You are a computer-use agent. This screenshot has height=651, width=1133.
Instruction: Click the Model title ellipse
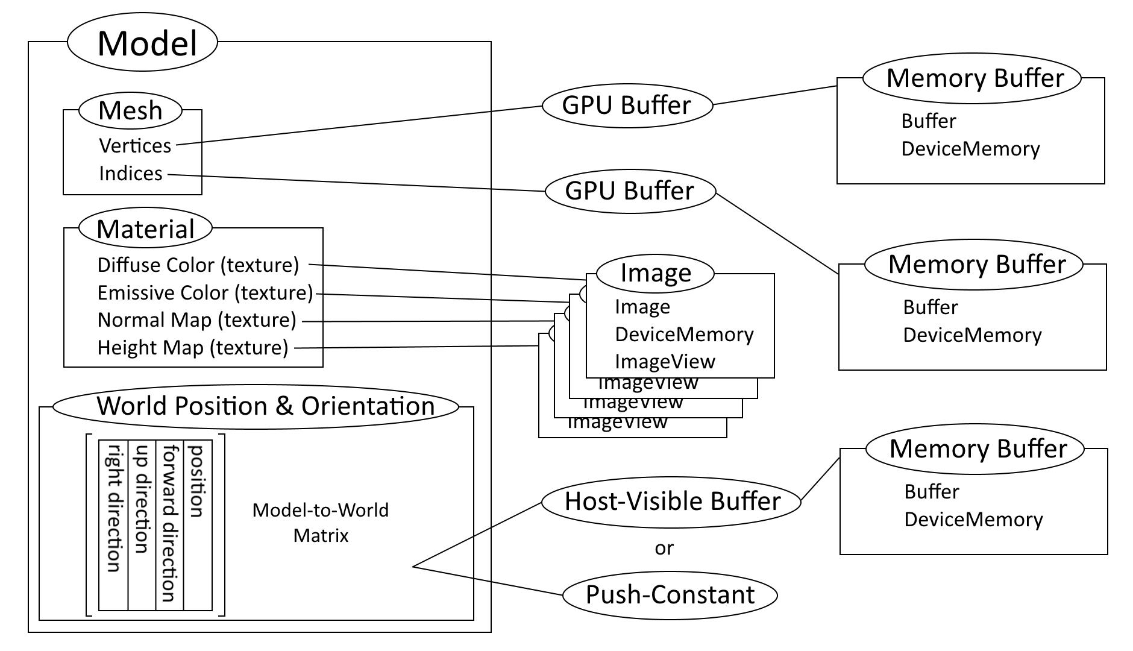(142, 43)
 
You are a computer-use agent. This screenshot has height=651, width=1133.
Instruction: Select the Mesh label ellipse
(130, 110)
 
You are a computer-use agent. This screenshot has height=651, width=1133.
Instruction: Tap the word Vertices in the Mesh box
(135, 145)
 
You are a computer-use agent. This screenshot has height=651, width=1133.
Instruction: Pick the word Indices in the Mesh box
(131, 174)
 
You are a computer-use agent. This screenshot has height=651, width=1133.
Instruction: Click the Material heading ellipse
(145, 229)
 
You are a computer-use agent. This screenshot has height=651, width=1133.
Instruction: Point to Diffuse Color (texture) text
(198, 265)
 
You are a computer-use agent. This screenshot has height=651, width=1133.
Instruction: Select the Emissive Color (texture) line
(206, 292)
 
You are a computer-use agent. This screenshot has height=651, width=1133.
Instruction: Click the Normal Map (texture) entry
(197, 319)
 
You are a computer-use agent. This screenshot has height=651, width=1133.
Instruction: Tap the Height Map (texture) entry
(193, 347)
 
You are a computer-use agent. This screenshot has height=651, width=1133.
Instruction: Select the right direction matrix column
(113, 508)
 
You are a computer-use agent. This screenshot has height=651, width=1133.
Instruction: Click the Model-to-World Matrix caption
(321, 523)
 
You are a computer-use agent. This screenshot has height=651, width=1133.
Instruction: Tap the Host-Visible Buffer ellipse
(671, 502)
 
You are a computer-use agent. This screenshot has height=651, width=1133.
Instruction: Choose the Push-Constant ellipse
(670, 595)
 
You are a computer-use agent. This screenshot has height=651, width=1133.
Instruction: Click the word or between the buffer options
(664, 548)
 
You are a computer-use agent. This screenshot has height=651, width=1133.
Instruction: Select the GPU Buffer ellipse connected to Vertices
(627, 105)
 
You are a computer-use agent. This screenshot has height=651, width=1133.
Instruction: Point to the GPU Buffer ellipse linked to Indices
(630, 191)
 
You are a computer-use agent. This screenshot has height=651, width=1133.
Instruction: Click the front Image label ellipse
(655, 273)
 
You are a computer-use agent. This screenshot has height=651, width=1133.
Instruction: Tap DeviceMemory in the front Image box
(684, 334)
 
